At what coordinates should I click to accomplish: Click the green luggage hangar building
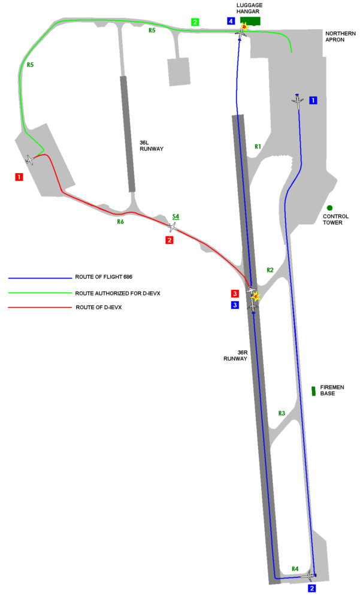pyautogui.click(x=250, y=20)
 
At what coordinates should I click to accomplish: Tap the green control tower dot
pyautogui.click(x=330, y=208)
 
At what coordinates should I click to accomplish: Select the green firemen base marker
pyautogui.click(x=314, y=391)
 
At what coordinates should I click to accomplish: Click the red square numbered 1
pyautogui.click(x=19, y=177)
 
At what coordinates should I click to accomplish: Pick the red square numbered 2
pyautogui.click(x=170, y=240)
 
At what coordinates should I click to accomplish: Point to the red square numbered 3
pyautogui.click(x=235, y=294)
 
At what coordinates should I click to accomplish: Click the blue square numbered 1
pyautogui.click(x=313, y=101)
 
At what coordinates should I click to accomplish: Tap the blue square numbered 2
pyautogui.click(x=312, y=588)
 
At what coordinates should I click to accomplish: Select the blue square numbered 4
pyautogui.click(x=231, y=21)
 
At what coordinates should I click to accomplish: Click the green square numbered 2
pyautogui.click(x=195, y=22)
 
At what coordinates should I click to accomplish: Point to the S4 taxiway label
pyautogui.click(x=176, y=217)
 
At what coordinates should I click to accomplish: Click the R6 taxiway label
pyautogui.click(x=120, y=222)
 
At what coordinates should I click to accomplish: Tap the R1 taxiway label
pyautogui.click(x=258, y=146)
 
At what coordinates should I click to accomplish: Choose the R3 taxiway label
pyautogui.click(x=282, y=413)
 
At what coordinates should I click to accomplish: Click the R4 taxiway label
pyautogui.click(x=295, y=569)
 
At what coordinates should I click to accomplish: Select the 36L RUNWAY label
pyautogui.click(x=152, y=146)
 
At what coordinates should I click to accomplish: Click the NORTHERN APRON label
pyautogui.click(x=340, y=37)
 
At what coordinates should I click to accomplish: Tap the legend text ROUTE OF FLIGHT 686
pyautogui.click(x=104, y=277)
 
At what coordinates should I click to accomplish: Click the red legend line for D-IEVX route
pyautogui.click(x=40, y=307)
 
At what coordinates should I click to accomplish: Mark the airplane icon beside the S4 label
pyautogui.click(x=173, y=227)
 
